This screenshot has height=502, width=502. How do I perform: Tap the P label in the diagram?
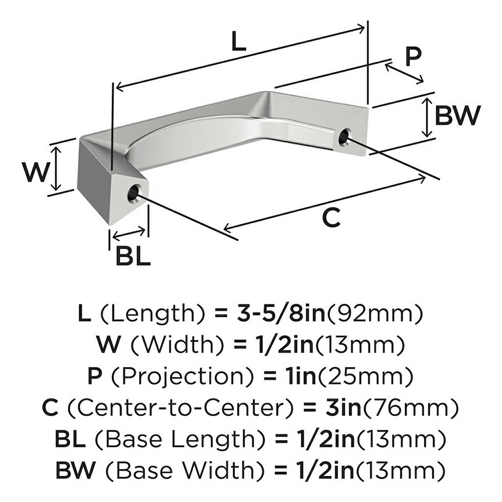click(413, 57)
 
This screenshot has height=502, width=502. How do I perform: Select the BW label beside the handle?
click(457, 116)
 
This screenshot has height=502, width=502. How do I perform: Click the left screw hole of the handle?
click(134, 193)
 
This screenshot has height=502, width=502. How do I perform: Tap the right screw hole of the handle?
click(344, 137)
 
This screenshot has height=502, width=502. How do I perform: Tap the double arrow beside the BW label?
click(427, 117)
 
